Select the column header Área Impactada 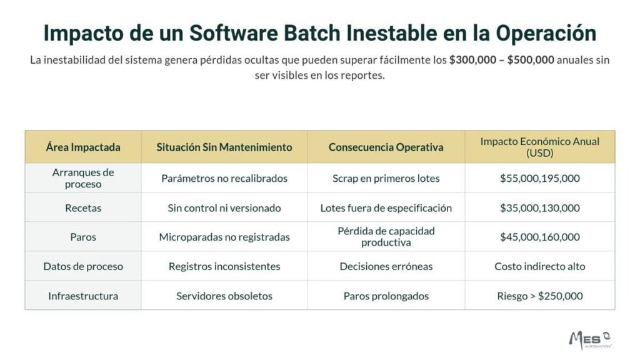point(83,147)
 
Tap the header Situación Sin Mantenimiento point(224,147)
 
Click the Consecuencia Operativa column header point(386,147)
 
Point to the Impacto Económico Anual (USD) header point(539,147)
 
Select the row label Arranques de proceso point(83,178)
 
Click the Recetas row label point(83,207)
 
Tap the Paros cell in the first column point(83,237)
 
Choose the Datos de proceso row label point(83,266)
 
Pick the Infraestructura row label point(83,296)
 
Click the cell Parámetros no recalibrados point(224,178)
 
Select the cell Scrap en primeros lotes point(386,178)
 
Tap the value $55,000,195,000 point(539,178)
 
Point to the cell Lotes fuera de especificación point(386,207)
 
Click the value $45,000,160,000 point(539,237)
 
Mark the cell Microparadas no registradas point(224,237)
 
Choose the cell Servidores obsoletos point(224,296)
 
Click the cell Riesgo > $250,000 point(539,296)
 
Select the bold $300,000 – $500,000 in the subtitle point(501,61)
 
